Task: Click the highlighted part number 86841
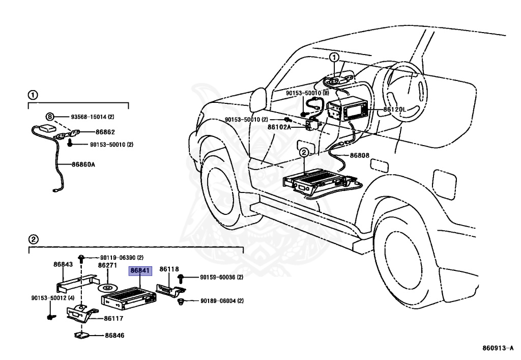(x=140, y=271)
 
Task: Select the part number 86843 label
(x=63, y=264)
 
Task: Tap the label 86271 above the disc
(x=107, y=265)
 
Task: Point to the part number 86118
(x=169, y=269)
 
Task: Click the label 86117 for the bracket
(x=114, y=319)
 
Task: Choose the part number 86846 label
(x=114, y=336)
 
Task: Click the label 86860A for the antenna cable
(x=83, y=164)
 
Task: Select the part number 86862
(x=105, y=131)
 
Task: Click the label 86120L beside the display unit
(x=394, y=109)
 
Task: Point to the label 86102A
(x=279, y=127)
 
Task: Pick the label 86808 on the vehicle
(x=359, y=155)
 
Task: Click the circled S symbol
(x=50, y=117)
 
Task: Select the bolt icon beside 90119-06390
(x=81, y=258)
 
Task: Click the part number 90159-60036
(x=221, y=278)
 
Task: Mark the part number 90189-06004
(x=221, y=301)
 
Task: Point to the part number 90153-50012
(x=52, y=298)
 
